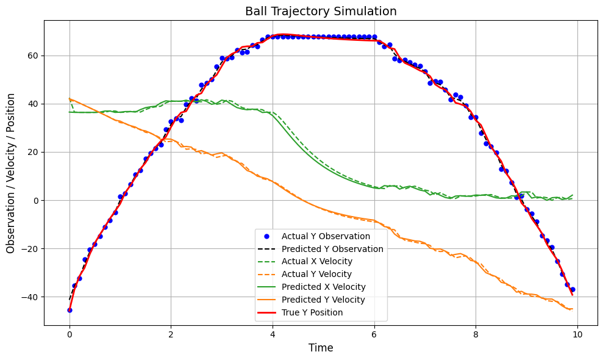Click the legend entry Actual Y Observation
326,236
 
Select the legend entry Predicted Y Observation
332,249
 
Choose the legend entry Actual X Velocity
317,262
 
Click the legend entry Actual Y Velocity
317,275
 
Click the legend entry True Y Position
312,312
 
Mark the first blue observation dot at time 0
70,310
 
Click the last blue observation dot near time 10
573,289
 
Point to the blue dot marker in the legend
268,236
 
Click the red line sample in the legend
268,312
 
